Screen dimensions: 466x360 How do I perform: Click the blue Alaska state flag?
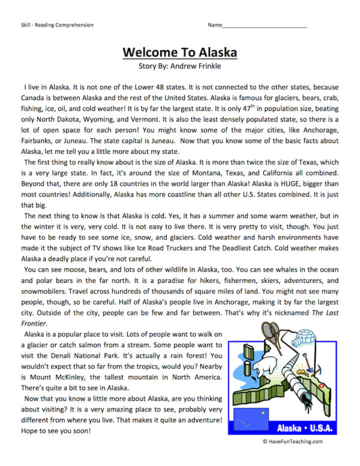click(251, 421)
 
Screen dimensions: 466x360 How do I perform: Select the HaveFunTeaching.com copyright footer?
click(292, 441)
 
